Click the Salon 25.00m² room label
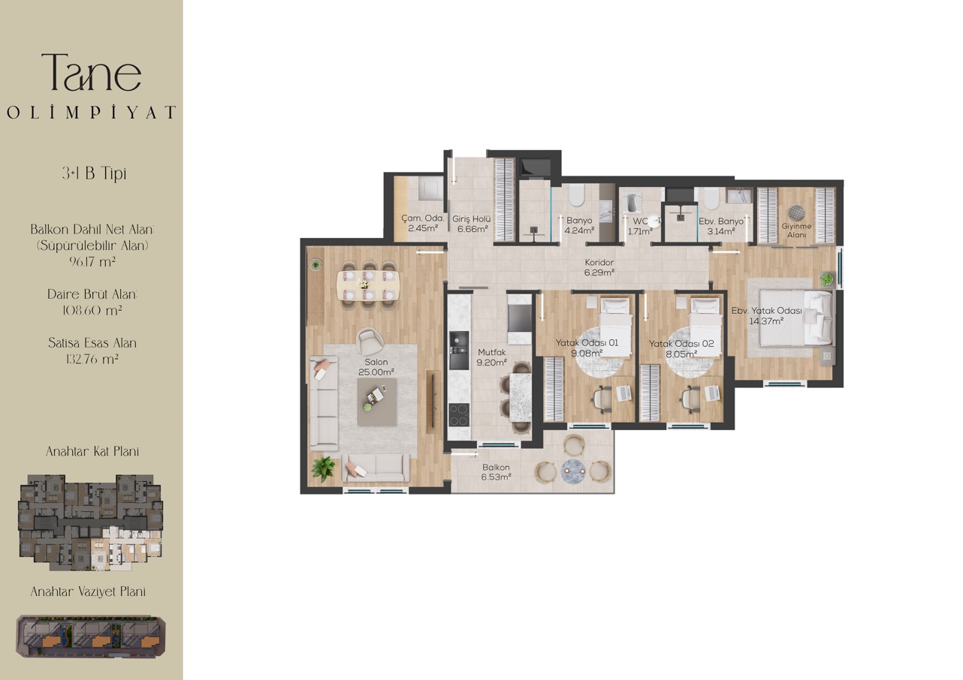[x=376, y=367]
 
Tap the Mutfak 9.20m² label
[x=491, y=357]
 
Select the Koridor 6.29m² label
[x=599, y=267]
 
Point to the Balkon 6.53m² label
[x=496, y=471]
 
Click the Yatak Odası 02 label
[x=681, y=344]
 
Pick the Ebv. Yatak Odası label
[x=766, y=311]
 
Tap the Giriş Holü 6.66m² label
[x=472, y=224]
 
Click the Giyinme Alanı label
[x=796, y=230]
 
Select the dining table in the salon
[x=368, y=285]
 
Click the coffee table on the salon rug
[x=376, y=402]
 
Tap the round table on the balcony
[x=573, y=471]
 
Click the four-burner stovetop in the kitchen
[x=459, y=414]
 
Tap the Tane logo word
[x=92, y=73]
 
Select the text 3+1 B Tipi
[x=94, y=173]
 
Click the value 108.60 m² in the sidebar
[x=92, y=310]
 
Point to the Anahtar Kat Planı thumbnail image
[x=90, y=522]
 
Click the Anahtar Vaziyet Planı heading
[x=88, y=592]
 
